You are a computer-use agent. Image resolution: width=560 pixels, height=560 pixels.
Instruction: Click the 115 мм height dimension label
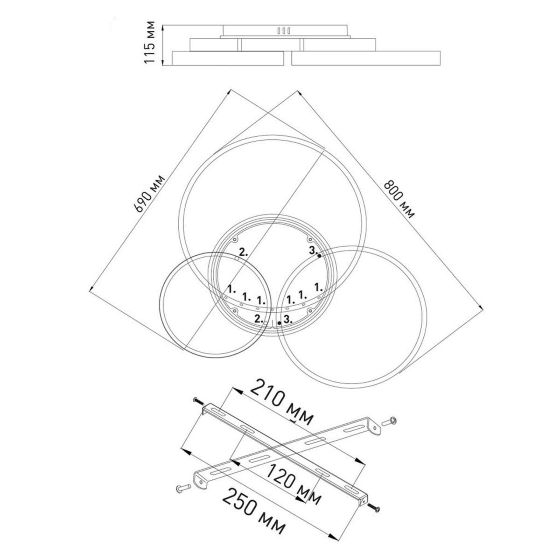coord(150,42)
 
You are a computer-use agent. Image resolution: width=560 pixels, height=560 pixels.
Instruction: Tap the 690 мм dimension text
coord(149,194)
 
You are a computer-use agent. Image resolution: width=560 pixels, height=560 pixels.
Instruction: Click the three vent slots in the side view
coord(284,30)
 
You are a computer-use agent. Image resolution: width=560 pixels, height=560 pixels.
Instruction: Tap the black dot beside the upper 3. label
coord(319,256)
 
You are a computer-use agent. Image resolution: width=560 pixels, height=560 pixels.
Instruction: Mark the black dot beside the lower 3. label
coord(279,323)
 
